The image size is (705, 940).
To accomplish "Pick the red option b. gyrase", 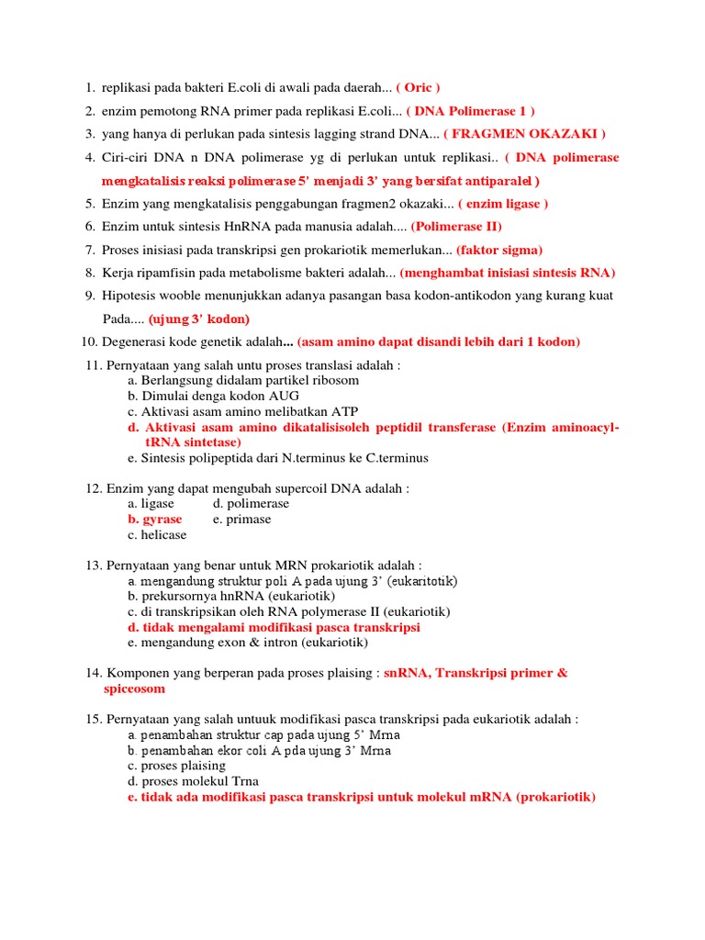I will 155,519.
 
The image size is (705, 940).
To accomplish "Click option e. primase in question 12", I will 242,519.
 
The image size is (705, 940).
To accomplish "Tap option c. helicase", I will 157,534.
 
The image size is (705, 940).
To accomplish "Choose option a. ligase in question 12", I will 151,503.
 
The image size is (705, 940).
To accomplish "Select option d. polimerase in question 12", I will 251,503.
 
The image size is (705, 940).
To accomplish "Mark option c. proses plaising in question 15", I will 177,766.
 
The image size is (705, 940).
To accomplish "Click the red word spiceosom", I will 134,688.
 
